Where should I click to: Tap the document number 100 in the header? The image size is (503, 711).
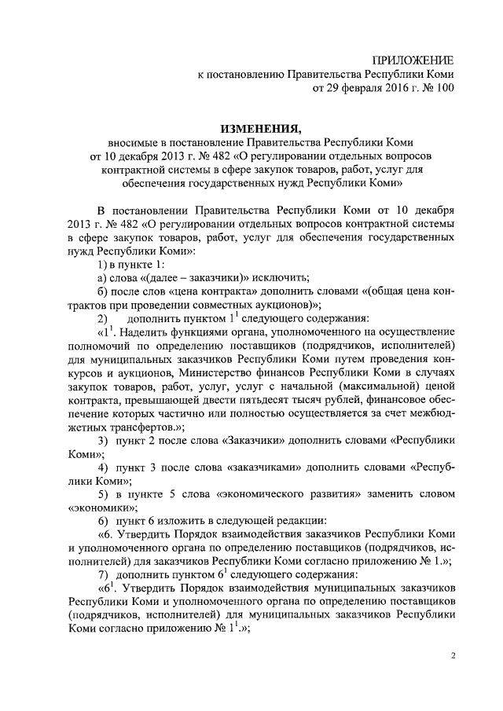tap(445, 89)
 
